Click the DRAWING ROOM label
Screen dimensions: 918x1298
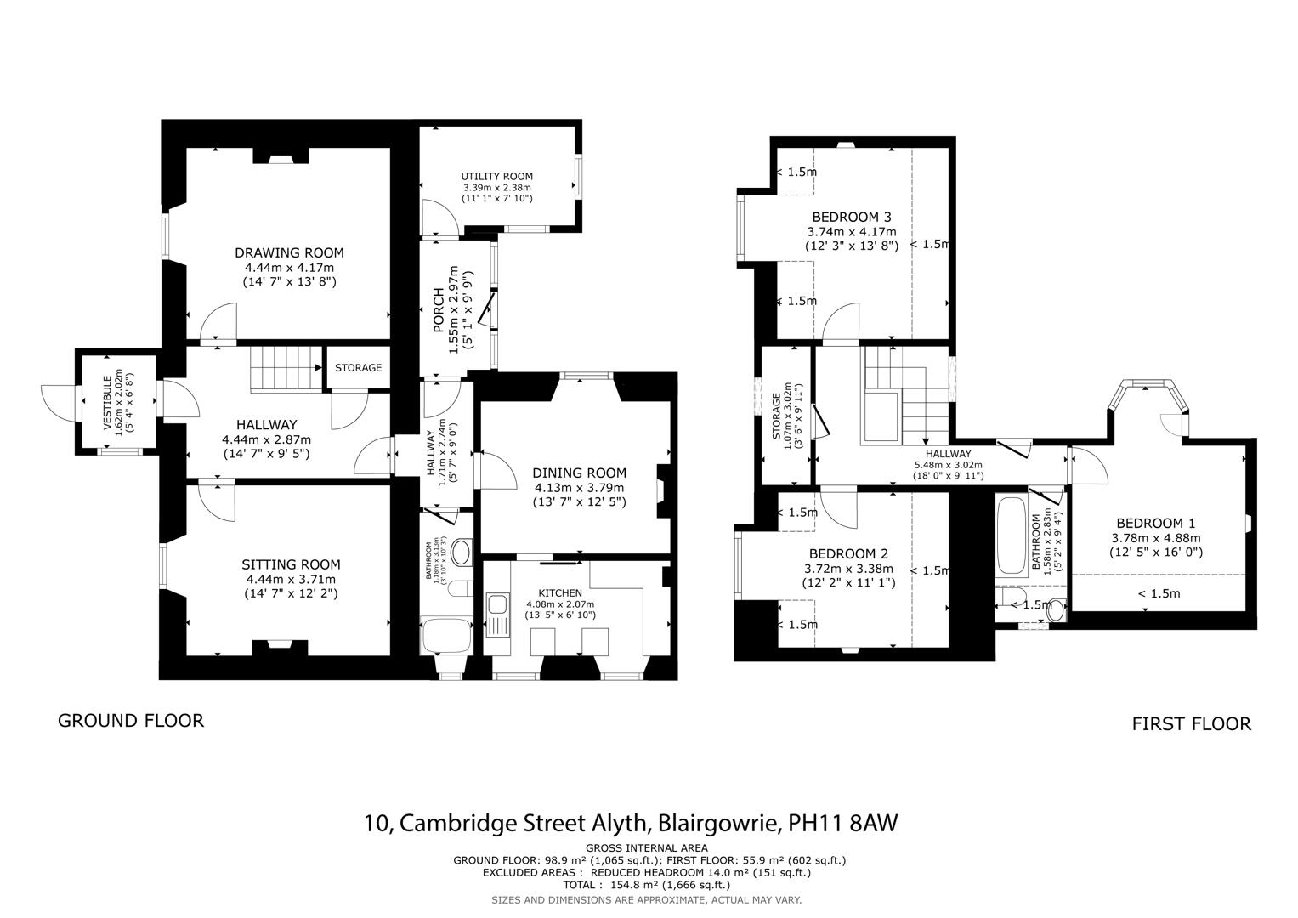pos(289,252)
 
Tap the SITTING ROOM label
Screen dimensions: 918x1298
pos(291,564)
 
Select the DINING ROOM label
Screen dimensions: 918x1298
pos(579,473)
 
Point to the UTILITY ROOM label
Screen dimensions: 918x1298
pos(497,177)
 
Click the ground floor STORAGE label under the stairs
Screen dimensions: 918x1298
pos(358,368)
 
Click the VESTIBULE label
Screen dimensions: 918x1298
pos(107,405)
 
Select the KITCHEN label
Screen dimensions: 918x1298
pos(560,592)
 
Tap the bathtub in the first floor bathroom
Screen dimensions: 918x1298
pos(1012,535)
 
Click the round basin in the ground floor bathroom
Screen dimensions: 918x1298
pos(462,553)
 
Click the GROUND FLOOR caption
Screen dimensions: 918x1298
pos(131,721)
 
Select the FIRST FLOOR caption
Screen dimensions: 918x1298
pos(1191,724)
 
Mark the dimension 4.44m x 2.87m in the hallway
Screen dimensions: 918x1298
pos(266,439)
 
